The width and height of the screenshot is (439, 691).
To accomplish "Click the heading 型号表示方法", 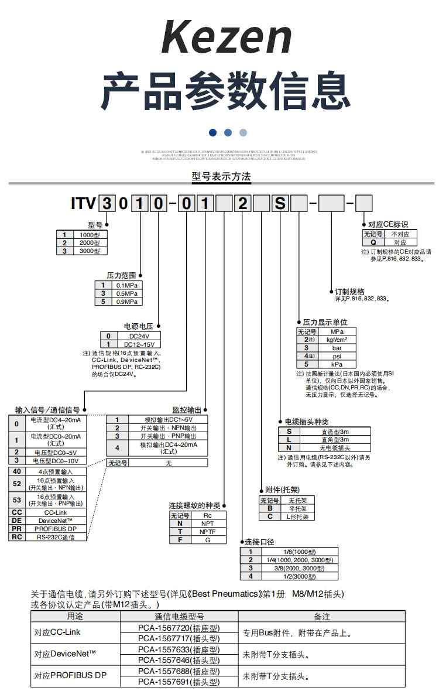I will (221, 176).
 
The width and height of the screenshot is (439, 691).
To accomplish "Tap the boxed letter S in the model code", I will (280, 204).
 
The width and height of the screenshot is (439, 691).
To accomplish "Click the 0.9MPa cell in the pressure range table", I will (128, 302).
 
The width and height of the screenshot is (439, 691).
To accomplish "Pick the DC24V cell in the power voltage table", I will (139, 336).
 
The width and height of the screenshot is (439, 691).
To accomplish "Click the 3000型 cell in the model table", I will (90, 251).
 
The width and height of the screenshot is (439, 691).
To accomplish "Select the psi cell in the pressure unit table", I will (337, 355).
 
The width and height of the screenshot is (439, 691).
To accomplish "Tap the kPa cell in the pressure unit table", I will (337, 364).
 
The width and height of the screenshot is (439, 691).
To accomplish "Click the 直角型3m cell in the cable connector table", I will (335, 439).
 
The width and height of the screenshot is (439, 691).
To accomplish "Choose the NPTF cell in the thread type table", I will (208, 532).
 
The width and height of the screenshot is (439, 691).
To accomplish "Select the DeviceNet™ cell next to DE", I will (56, 520).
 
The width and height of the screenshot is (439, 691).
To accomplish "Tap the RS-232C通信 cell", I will (56, 536).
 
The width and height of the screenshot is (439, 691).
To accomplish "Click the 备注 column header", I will (322, 617).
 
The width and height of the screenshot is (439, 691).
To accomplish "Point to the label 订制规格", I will (349, 291).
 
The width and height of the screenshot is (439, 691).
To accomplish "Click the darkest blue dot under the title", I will (212, 132).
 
